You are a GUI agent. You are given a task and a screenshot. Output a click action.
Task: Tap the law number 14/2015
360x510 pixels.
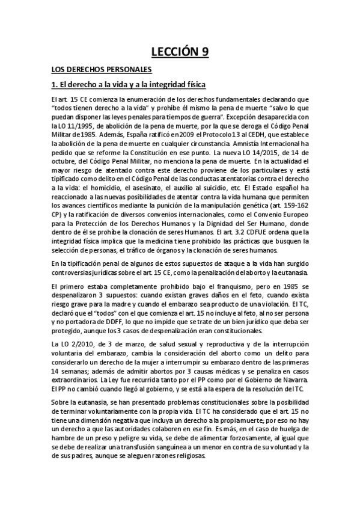pos(281,153)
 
